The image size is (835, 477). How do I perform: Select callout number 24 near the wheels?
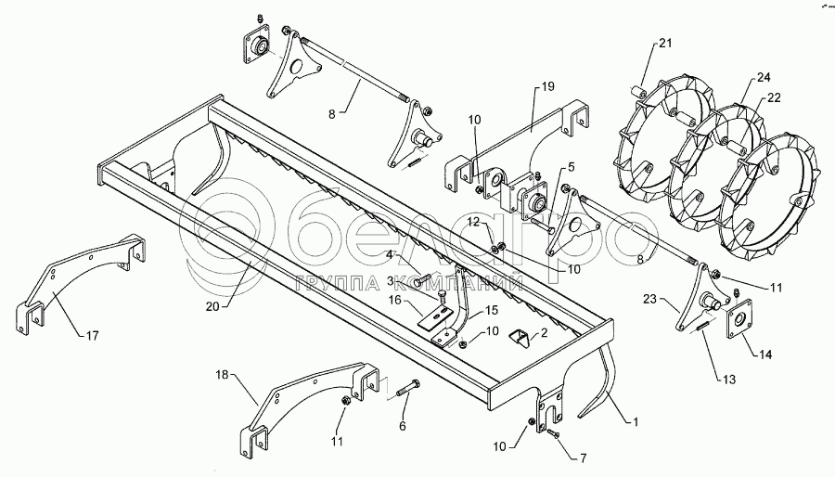pyautogui.click(x=764, y=77)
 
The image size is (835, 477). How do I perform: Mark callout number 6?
pyautogui.click(x=402, y=425)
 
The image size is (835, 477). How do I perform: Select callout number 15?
pyautogui.click(x=493, y=311)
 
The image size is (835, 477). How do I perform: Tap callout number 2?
pyautogui.click(x=545, y=330)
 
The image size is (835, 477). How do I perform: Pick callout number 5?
pyautogui.click(x=571, y=168)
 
